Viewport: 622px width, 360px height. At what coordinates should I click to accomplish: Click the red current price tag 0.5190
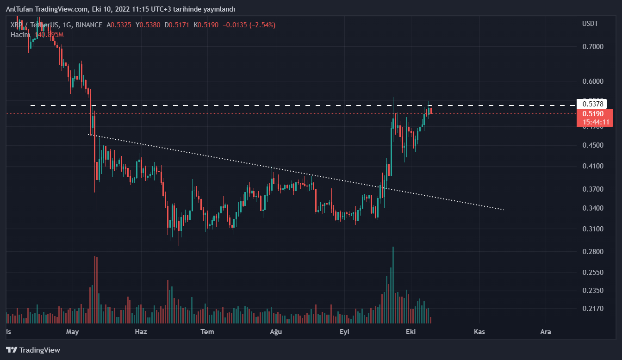(x=594, y=114)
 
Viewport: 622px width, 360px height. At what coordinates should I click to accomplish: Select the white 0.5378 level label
(x=592, y=103)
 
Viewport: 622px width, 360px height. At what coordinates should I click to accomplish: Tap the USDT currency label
(x=590, y=24)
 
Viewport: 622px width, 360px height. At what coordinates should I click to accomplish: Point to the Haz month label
(x=141, y=332)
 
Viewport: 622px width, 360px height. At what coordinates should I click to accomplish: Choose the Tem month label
(x=207, y=332)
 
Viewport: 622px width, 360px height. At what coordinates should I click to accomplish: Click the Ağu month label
(x=276, y=332)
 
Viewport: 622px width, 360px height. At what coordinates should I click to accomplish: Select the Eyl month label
(x=344, y=332)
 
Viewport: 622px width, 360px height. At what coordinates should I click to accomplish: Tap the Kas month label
(x=479, y=332)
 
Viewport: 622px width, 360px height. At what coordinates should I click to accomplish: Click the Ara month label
(x=546, y=332)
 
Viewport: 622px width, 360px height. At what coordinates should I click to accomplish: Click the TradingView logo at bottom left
(x=33, y=350)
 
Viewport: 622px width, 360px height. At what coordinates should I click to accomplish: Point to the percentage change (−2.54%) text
(x=262, y=25)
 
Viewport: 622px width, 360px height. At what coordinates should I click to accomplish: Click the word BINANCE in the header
(x=89, y=25)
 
